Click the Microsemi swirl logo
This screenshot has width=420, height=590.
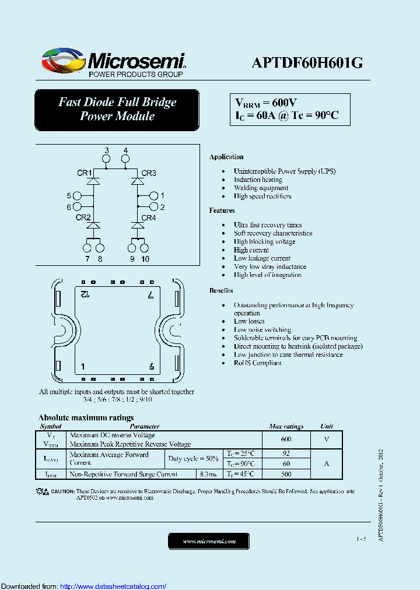(x=63, y=60)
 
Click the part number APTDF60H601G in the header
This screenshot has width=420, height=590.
(x=307, y=62)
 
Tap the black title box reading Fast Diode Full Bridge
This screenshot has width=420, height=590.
(x=117, y=109)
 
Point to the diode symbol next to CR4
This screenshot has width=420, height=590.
(x=138, y=225)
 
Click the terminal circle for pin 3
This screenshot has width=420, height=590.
(x=106, y=159)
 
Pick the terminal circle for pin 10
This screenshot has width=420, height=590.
(x=145, y=248)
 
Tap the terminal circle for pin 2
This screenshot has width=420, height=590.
(x=153, y=207)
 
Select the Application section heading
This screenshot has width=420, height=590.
(x=226, y=157)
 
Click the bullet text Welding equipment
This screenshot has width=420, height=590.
(x=261, y=188)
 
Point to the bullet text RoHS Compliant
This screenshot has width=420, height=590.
(x=257, y=363)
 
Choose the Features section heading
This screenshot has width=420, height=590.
(x=222, y=210)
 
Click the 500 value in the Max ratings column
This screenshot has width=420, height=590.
(x=286, y=475)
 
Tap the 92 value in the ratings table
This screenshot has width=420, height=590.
(x=286, y=453)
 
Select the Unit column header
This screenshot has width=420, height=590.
(x=327, y=427)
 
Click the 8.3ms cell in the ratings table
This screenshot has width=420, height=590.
(x=208, y=475)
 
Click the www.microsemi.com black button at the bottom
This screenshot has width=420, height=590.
(x=209, y=542)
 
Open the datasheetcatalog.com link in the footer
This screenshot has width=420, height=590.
(x=113, y=586)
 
